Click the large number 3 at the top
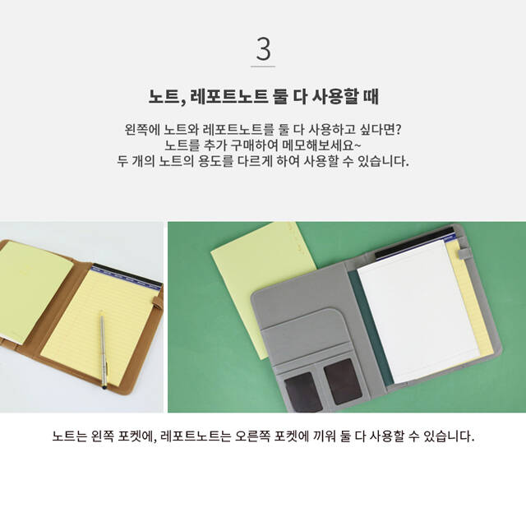263,49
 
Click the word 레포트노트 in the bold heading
229,97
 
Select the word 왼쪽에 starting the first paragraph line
141,130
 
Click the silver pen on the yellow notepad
104,349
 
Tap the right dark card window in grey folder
343,381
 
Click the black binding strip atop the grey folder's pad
413,243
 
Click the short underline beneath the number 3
263,67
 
